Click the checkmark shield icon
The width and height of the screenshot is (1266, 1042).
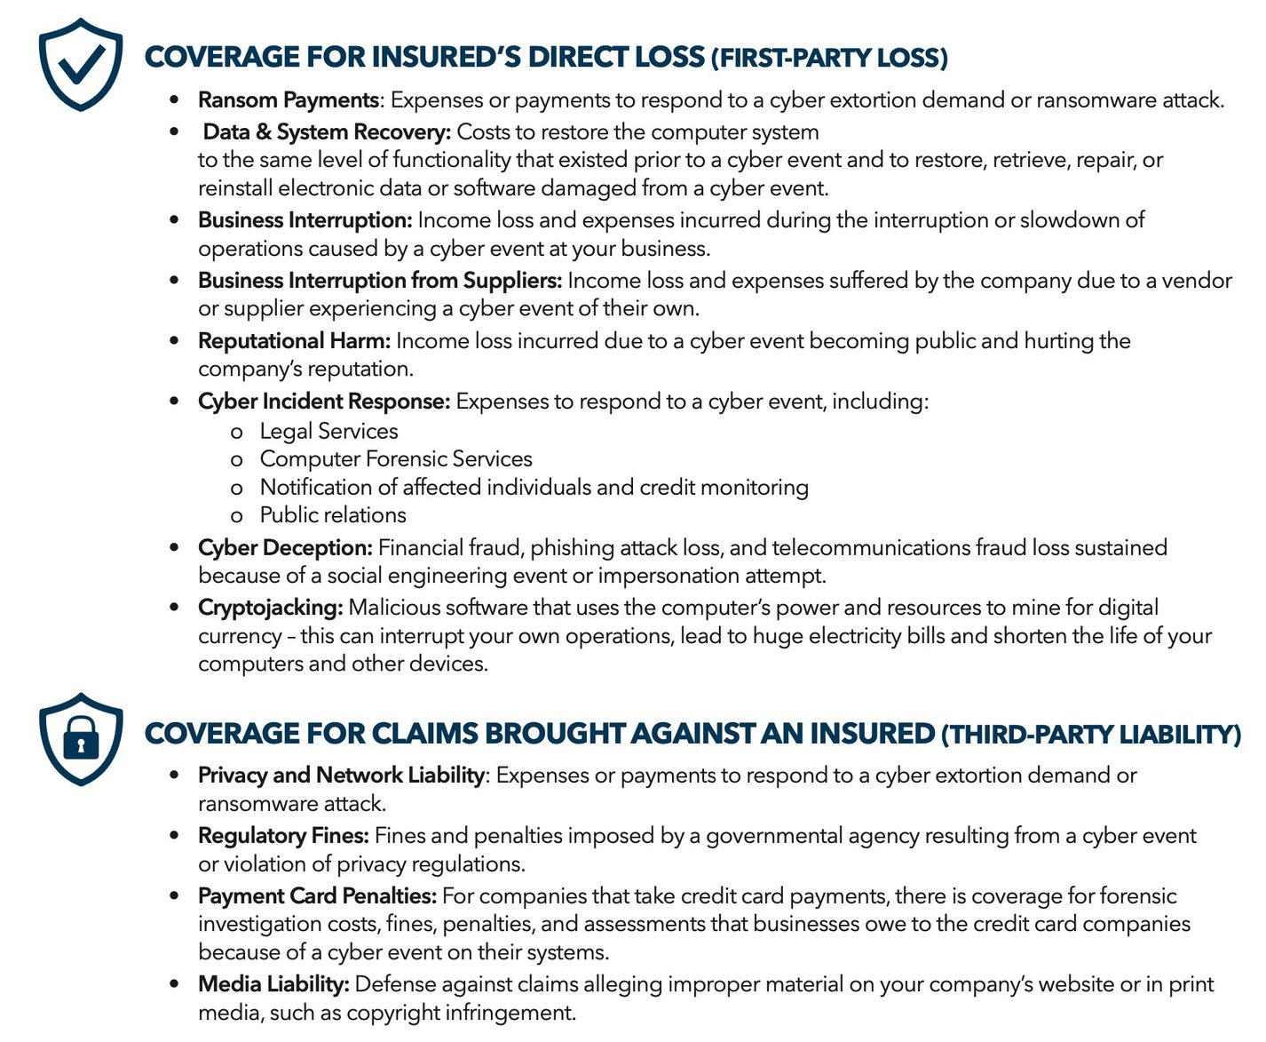(81, 64)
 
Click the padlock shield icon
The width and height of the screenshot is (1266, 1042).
(81, 739)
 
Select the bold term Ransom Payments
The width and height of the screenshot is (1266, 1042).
(289, 99)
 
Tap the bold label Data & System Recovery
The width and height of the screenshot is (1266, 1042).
(327, 131)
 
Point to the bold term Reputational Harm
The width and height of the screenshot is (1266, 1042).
(294, 341)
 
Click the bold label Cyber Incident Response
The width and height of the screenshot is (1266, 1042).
(324, 402)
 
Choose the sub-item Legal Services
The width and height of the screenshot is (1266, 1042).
(328, 431)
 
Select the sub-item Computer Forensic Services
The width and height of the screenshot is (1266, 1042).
(396, 458)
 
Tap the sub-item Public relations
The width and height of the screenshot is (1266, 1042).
(333, 515)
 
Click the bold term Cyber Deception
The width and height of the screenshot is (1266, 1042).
(285, 547)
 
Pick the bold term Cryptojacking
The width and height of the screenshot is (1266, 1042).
(270, 608)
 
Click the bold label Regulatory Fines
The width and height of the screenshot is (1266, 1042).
(283, 836)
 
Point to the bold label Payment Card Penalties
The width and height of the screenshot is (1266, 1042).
(317, 895)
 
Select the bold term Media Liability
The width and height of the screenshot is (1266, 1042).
(273, 984)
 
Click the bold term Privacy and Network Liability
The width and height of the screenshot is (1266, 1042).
(341, 776)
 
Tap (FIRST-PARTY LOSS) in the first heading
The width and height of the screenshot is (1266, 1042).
(829, 59)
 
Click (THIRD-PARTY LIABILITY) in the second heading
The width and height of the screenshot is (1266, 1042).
(1091, 735)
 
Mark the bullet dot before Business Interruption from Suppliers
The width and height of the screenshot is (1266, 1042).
(174, 281)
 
